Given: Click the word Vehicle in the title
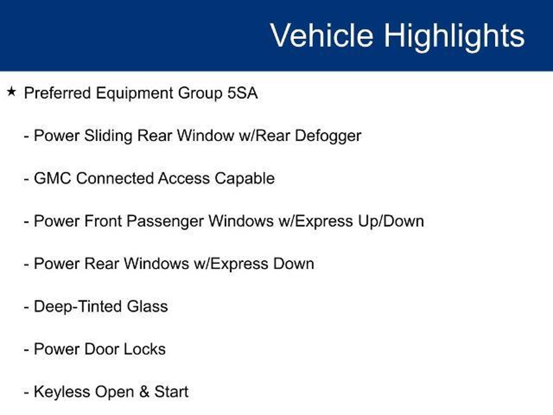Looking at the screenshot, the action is point(322,35).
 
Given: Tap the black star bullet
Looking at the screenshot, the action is point(11,92).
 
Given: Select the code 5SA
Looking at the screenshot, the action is point(242,93).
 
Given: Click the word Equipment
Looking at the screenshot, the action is point(134,94).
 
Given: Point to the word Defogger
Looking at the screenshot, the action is point(328,136).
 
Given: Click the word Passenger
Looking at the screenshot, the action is point(165,222).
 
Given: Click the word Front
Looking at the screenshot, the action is point(103,221).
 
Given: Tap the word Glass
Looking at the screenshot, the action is point(147,306).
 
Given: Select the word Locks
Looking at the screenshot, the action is point(144,349).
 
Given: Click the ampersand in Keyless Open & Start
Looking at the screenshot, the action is point(144,392).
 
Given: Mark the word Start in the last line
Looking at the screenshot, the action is point(171,392).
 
